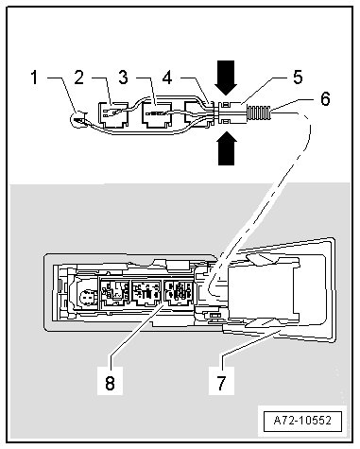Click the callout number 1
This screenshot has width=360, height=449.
click(35, 78)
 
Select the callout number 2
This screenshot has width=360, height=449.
click(78, 77)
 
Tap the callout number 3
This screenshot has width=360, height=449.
click(123, 77)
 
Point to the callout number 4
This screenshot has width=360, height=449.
click(167, 78)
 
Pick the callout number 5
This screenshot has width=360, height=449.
click(298, 77)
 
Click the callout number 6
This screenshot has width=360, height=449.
click(325, 98)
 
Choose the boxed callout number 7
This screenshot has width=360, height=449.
click(221, 383)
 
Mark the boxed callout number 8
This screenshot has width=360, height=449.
click(110, 383)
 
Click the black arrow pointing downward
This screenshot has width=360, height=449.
click(226, 78)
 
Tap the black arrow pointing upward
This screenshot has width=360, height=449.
click(227, 148)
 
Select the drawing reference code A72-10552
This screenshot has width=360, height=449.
click(302, 421)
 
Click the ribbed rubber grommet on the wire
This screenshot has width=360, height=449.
click(258, 112)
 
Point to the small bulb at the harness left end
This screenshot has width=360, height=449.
click(78, 119)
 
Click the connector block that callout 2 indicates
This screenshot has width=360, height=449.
click(113, 114)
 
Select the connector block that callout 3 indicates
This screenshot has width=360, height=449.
click(157, 115)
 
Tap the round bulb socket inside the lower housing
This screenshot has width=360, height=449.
click(85, 298)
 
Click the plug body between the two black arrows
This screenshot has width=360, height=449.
click(231, 112)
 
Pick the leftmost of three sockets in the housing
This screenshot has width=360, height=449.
click(114, 293)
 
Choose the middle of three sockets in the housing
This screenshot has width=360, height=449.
click(146, 293)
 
